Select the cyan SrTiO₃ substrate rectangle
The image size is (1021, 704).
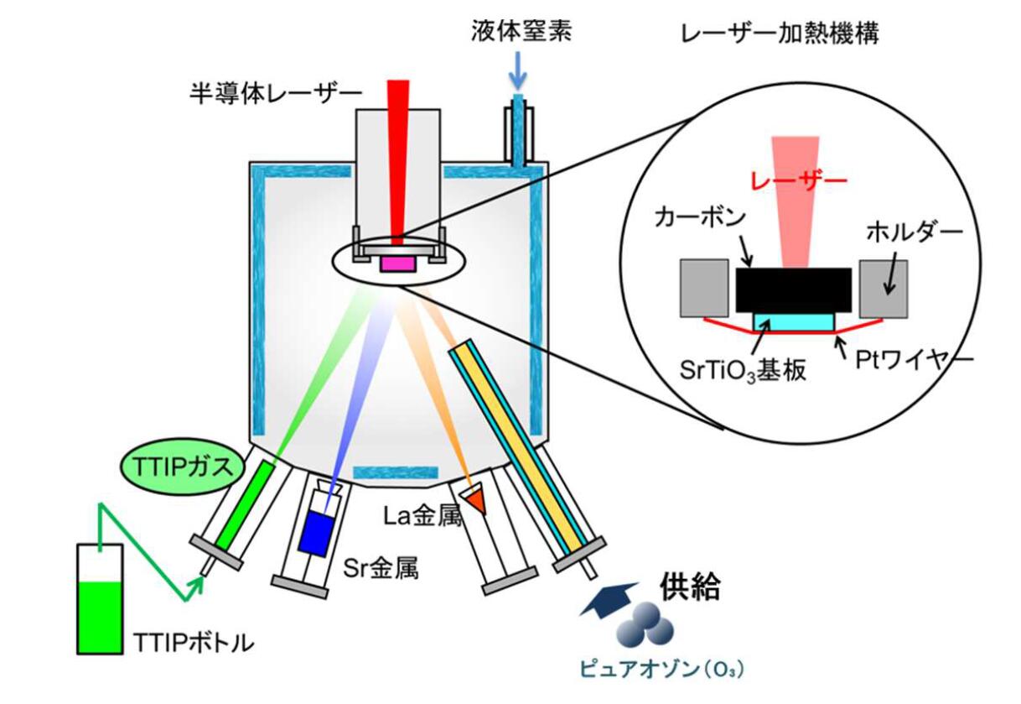point(794,321)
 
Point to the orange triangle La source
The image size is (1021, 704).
point(475,502)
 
